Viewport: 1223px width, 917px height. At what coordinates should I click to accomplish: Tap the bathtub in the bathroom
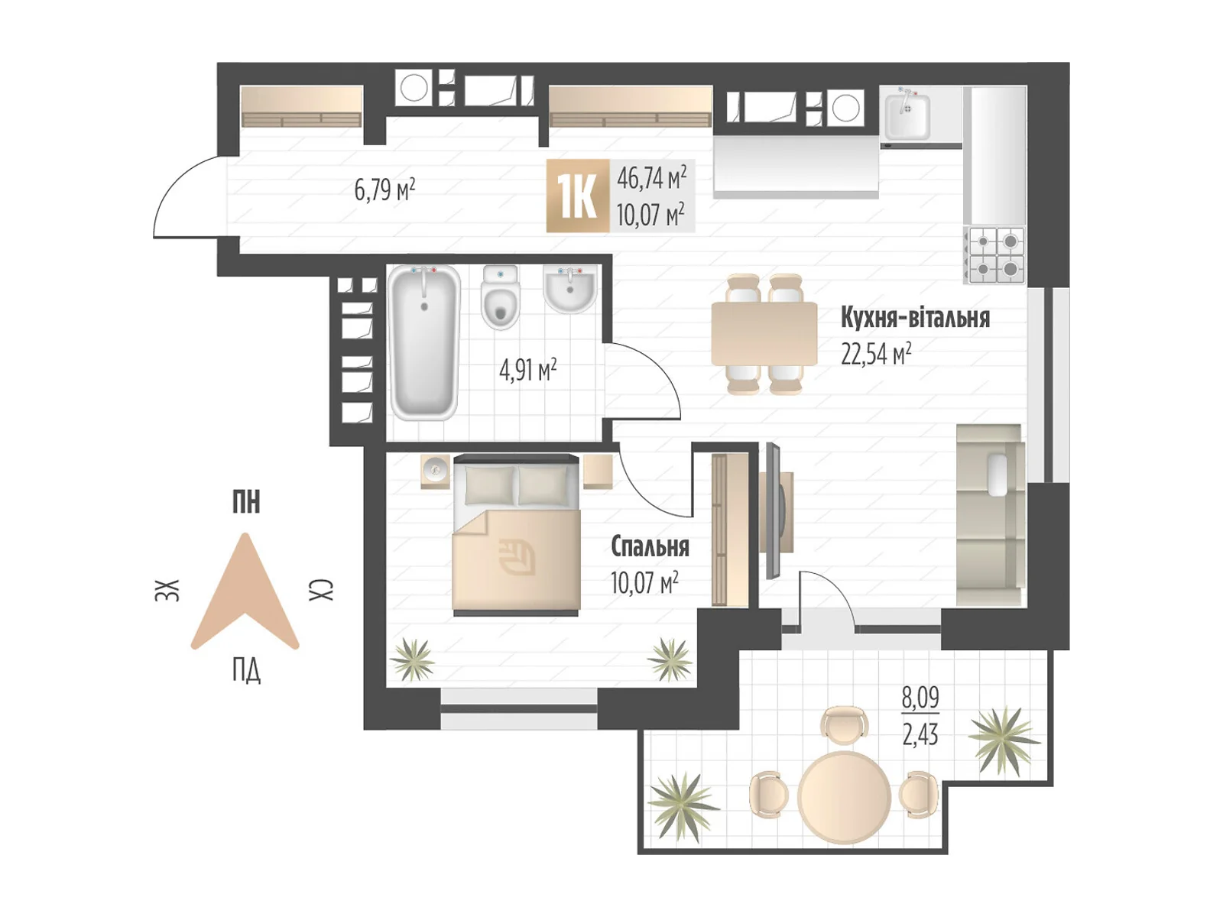(424, 342)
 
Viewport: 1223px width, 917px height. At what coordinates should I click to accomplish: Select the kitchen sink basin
(907, 116)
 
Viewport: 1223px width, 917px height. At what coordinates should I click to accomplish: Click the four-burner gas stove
(996, 255)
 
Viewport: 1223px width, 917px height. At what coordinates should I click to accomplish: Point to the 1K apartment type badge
(577, 195)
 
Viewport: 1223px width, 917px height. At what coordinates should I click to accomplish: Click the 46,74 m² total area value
(651, 177)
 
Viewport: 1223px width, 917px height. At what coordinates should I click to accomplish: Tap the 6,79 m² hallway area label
(384, 190)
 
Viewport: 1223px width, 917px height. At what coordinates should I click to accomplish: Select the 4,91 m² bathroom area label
(527, 371)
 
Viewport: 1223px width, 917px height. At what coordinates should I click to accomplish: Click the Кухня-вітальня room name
(915, 318)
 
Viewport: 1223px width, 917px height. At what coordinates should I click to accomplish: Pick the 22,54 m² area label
(876, 354)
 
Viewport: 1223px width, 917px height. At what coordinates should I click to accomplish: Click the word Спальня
(650, 546)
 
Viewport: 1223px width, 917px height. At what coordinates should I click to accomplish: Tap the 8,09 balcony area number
(920, 698)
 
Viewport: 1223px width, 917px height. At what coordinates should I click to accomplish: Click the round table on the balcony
(844, 797)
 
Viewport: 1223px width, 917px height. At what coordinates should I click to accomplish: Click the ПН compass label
(245, 502)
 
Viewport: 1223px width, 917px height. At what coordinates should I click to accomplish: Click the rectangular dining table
(764, 333)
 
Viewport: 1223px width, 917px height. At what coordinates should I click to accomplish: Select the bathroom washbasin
(569, 288)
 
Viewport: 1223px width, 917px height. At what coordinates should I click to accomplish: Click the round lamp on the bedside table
(435, 470)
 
